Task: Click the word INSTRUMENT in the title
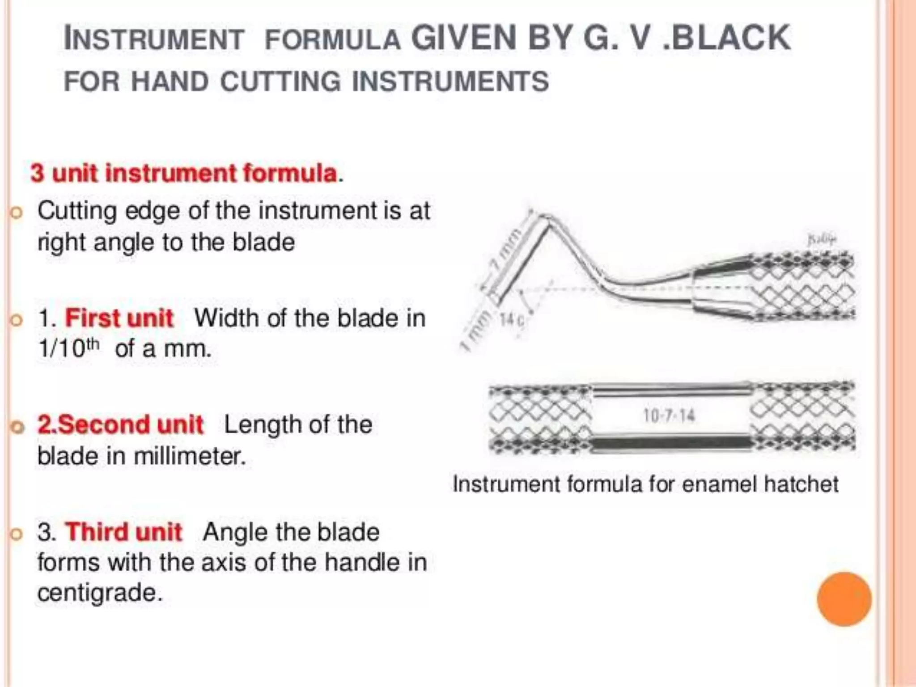click(x=154, y=39)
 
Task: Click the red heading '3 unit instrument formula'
click(x=183, y=174)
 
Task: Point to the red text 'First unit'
click(x=119, y=318)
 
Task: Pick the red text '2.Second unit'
click(x=120, y=424)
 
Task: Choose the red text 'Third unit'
click(x=123, y=532)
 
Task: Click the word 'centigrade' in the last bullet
click(x=99, y=593)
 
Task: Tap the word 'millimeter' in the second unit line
click(x=190, y=456)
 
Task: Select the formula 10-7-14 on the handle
click(x=669, y=416)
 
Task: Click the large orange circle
click(x=844, y=599)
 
